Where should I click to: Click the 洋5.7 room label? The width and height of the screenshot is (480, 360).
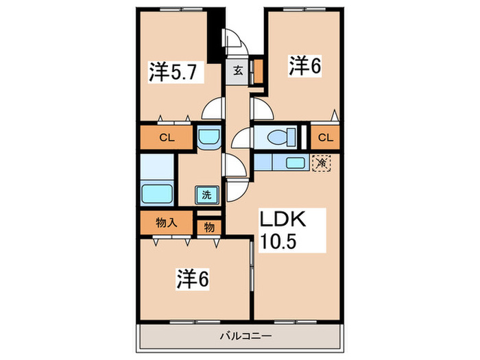click(x=174, y=72)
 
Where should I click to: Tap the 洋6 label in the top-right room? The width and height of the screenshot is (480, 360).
click(x=305, y=65)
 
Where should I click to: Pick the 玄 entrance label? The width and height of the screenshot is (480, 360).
click(x=237, y=71)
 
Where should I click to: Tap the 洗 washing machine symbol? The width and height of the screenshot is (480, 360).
click(x=206, y=195)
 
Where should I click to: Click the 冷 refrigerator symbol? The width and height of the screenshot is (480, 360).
click(x=321, y=163)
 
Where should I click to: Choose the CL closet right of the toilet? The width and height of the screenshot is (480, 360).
click(x=325, y=138)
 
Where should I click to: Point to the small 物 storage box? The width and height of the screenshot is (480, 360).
click(x=208, y=227)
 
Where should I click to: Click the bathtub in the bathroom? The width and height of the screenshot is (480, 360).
click(x=157, y=193)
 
